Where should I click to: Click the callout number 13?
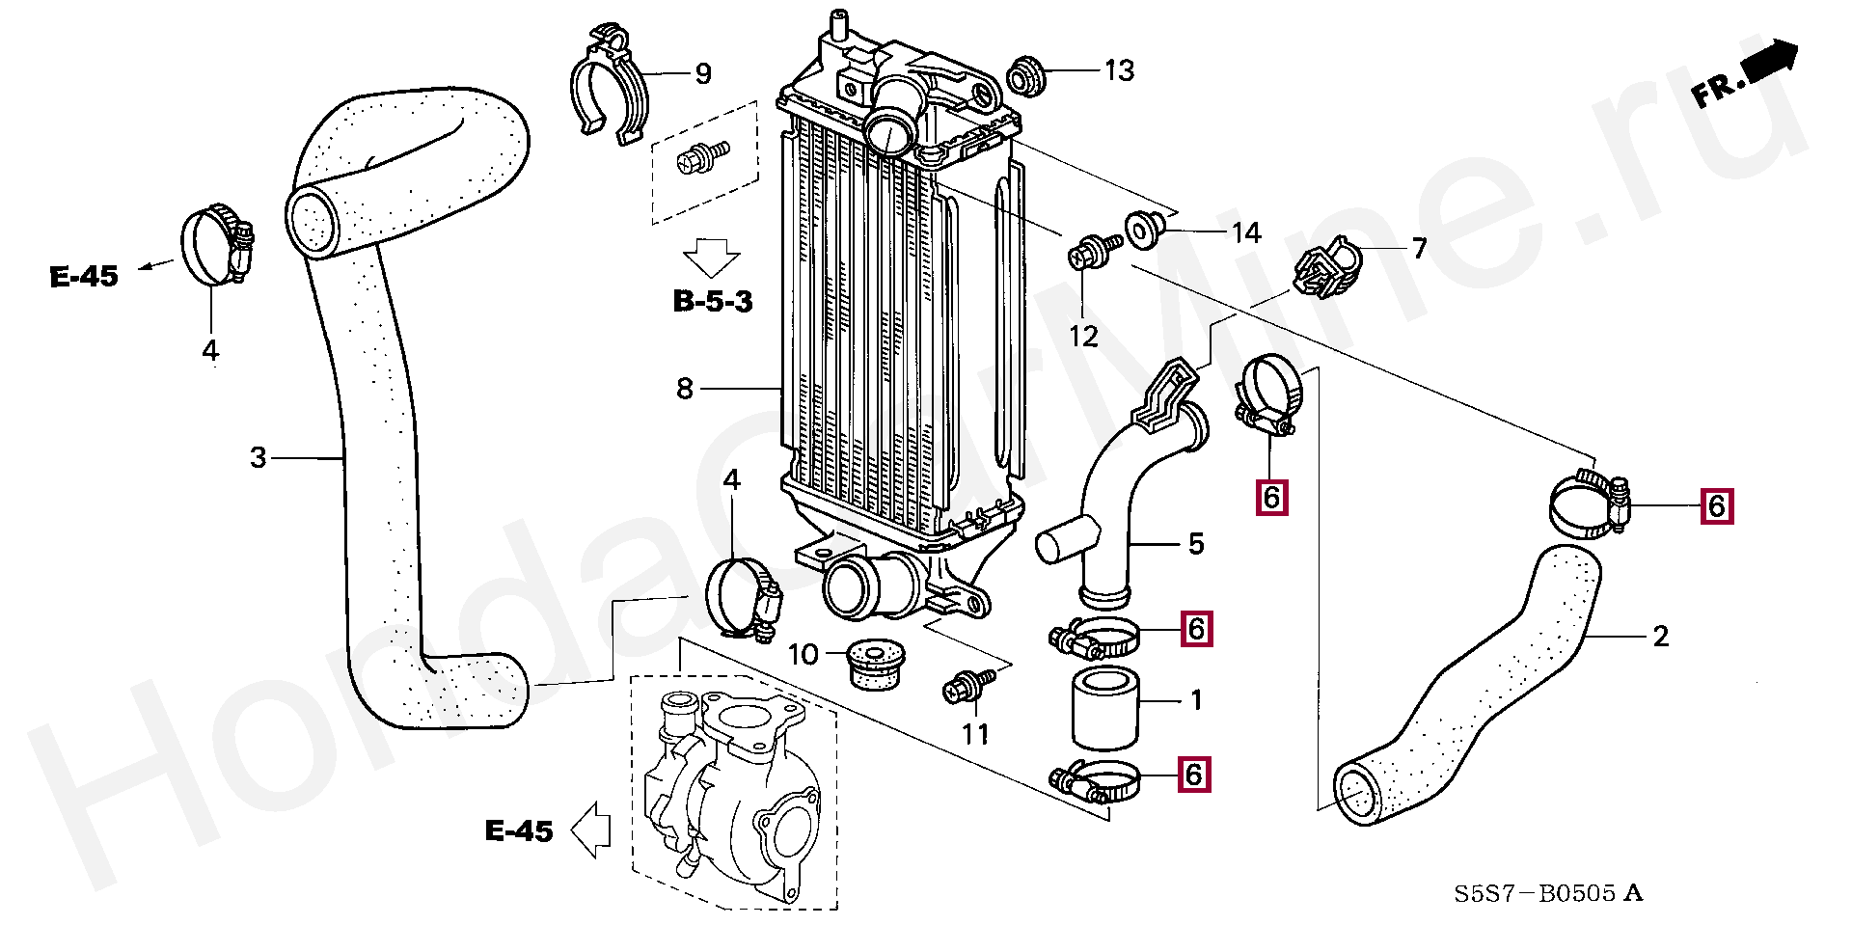(1119, 70)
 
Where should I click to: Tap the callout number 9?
(703, 73)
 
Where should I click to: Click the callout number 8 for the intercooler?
(684, 389)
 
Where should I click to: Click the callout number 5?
(1196, 544)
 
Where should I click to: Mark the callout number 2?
(1660, 637)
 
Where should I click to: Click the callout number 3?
(258, 457)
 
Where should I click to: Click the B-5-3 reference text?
(712, 301)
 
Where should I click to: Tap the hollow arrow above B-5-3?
(711, 258)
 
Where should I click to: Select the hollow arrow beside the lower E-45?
(591, 830)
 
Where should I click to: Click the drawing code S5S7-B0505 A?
(1548, 893)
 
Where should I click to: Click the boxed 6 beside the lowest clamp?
(1194, 774)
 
